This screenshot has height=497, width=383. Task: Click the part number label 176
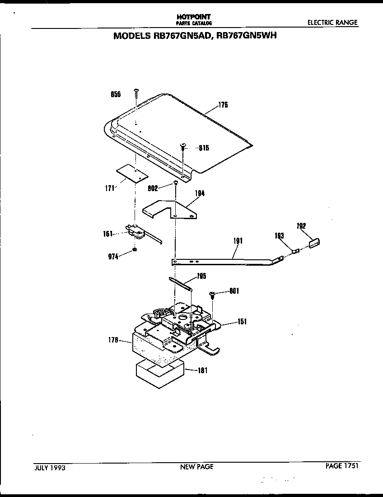click(x=223, y=105)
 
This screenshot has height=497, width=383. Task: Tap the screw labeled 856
click(x=135, y=94)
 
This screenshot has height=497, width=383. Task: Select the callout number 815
click(x=204, y=148)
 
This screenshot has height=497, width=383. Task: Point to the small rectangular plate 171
click(x=132, y=173)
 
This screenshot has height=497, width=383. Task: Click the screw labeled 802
click(x=175, y=183)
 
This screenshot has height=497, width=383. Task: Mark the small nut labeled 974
click(x=135, y=250)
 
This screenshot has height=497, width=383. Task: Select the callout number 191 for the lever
click(x=238, y=241)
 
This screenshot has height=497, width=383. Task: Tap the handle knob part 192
click(x=314, y=244)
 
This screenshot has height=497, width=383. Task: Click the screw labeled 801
click(x=212, y=295)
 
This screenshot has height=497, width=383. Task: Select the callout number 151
click(x=243, y=322)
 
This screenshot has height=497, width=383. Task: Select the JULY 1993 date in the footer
click(x=50, y=468)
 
